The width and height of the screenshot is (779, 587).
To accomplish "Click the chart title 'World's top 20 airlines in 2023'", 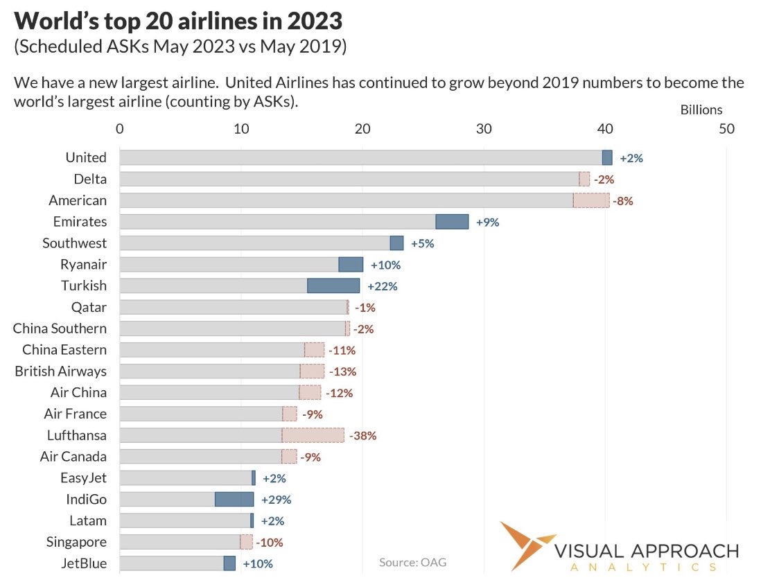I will click(x=178, y=21).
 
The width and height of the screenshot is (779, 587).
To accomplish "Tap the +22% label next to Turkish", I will click(x=382, y=286).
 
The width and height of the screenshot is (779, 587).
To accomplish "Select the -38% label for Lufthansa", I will click(x=363, y=435).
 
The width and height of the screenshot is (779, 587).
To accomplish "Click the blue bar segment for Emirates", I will click(x=452, y=222).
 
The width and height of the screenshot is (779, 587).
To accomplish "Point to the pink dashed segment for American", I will click(x=591, y=200).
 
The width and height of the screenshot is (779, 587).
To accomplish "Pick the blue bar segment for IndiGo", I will click(x=234, y=499).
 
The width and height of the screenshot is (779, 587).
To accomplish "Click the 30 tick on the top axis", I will click(x=484, y=129).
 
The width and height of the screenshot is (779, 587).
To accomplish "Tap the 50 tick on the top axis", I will click(x=726, y=129).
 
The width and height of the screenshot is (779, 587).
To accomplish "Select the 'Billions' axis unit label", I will click(x=701, y=109).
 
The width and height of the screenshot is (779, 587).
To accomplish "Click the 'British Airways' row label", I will click(x=61, y=371).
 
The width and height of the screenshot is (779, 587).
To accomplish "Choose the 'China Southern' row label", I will click(x=60, y=328).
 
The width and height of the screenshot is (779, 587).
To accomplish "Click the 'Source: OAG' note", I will click(x=412, y=562).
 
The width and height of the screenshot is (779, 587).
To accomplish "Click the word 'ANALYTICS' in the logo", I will click(x=642, y=567).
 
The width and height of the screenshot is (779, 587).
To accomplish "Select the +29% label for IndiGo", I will click(x=277, y=499).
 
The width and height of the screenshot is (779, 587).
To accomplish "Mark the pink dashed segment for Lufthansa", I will click(x=313, y=435).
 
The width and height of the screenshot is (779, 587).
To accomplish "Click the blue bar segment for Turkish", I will click(x=333, y=286).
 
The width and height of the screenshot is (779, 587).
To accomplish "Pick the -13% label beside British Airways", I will click(x=342, y=371).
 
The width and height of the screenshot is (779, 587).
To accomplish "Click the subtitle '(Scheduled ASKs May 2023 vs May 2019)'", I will click(x=180, y=48).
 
